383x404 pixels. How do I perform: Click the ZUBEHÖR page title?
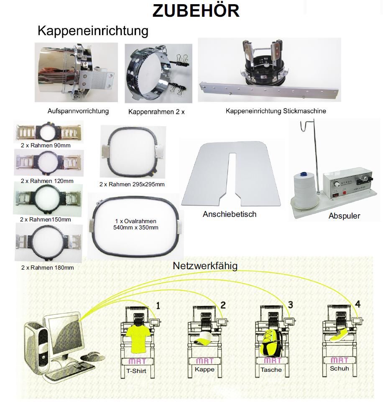(x=196, y=11)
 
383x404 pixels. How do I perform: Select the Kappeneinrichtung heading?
(x=93, y=31)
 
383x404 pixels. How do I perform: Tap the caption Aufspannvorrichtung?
(x=78, y=111)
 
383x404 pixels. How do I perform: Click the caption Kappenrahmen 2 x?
(x=156, y=112)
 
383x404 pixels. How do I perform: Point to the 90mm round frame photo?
(x=49, y=132)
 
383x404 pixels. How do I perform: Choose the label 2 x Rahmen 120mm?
(x=47, y=181)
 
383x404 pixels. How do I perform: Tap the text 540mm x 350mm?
(x=136, y=228)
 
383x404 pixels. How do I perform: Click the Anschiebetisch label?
(x=230, y=214)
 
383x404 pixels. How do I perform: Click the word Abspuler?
(x=344, y=216)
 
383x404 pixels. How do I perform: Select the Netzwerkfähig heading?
(x=205, y=266)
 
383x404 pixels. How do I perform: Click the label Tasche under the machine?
(x=271, y=370)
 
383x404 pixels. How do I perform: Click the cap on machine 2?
(x=205, y=340)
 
